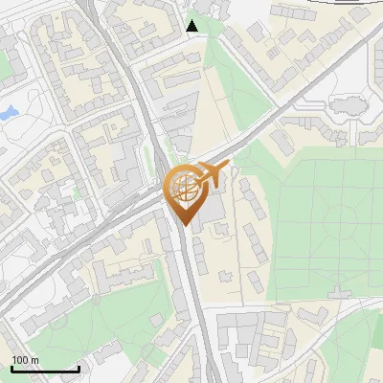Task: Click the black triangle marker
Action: [193, 26]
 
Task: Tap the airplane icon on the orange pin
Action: [212, 175]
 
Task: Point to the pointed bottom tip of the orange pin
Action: [183, 226]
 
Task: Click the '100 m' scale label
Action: [26, 360]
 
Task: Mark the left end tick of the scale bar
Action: [11, 369]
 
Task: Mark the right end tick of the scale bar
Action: [79, 369]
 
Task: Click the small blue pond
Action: [9, 112]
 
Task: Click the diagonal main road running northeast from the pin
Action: [278, 124]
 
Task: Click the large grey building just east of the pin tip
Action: [214, 215]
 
